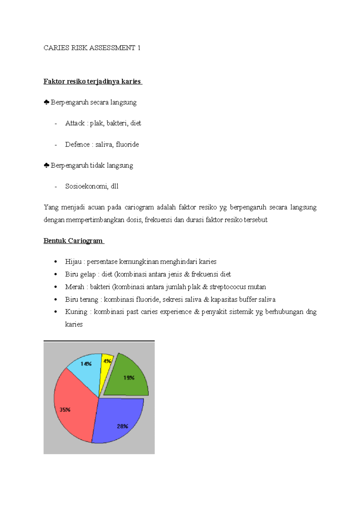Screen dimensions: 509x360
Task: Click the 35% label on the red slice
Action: (x=65, y=409)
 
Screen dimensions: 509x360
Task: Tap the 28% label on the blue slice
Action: (x=122, y=426)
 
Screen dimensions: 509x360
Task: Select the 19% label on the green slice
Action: (x=129, y=378)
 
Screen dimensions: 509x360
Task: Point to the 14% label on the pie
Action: (x=86, y=364)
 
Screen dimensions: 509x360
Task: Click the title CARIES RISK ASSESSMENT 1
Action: (x=92, y=48)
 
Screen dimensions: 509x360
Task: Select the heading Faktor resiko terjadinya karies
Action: (x=92, y=81)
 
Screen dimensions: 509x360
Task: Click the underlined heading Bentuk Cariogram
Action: (x=73, y=241)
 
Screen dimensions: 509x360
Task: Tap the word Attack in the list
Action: (x=75, y=123)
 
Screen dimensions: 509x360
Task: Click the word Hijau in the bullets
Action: (x=73, y=262)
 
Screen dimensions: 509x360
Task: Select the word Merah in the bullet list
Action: (x=74, y=287)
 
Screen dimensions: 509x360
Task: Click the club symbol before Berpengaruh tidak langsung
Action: (x=46, y=165)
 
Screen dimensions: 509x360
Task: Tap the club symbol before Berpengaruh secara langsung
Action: (x=46, y=103)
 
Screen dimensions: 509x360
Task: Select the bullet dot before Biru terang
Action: (x=55, y=299)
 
